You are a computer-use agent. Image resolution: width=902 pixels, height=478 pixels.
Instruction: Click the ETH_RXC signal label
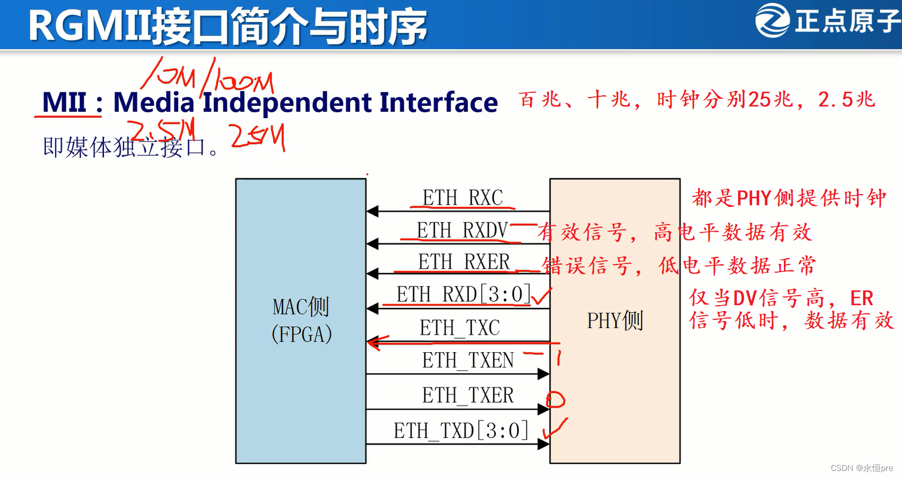pyautogui.click(x=462, y=198)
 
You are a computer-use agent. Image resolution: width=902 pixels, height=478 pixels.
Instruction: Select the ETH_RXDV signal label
pyautogui.click(x=462, y=230)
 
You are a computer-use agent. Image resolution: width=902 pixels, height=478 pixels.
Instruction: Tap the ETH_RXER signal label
pyautogui.click(x=464, y=262)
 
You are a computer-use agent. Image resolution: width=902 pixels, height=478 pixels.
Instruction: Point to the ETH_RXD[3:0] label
pyautogui.click(x=464, y=294)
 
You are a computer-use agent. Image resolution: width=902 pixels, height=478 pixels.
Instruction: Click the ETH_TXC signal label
pyautogui.click(x=460, y=327)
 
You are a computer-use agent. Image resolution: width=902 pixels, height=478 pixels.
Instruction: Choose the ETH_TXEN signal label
pyautogui.click(x=468, y=360)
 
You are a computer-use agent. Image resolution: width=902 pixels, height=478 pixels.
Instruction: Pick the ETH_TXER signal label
pyautogui.click(x=468, y=395)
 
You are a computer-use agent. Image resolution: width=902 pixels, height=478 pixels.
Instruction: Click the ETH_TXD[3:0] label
pyautogui.click(x=461, y=430)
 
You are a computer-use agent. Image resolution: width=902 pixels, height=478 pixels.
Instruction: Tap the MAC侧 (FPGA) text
pyautogui.click(x=301, y=320)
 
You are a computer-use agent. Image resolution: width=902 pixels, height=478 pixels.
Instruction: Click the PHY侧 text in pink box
pyautogui.click(x=615, y=320)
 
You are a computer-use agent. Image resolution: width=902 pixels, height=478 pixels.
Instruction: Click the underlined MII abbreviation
pyautogui.click(x=64, y=103)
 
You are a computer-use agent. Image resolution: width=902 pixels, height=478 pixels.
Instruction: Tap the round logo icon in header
pyautogui.click(x=772, y=21)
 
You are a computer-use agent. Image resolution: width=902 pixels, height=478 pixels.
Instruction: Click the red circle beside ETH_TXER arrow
pyautogui.click(x=555, y=400)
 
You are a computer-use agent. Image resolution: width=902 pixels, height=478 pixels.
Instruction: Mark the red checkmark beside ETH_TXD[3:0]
pyautogui.click(x=554, y=429)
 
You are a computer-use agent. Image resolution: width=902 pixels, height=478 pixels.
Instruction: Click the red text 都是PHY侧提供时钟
pyautogui.click(x=789, y=198)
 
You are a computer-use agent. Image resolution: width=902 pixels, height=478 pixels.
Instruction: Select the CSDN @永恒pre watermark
pyautogui.click(x=861, y=468)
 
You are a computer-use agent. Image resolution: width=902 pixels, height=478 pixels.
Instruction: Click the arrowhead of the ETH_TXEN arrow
pyautogui.click(x=544, y=373)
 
